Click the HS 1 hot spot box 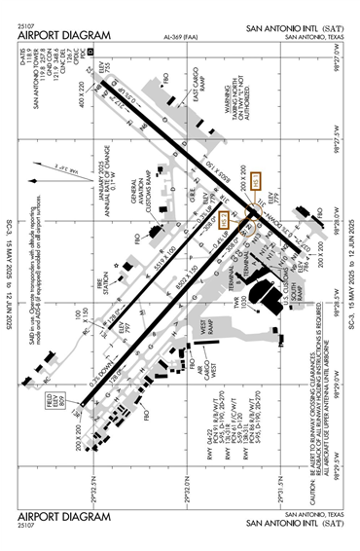pos(255,181)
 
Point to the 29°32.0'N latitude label pos(195,483)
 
